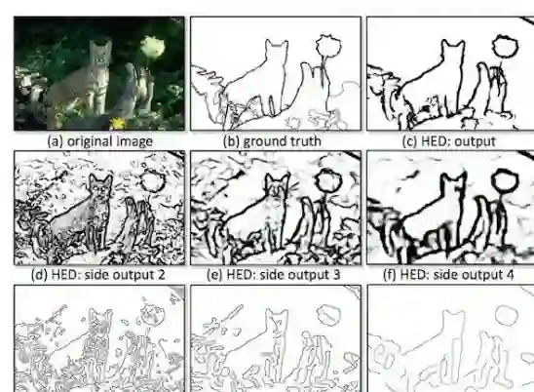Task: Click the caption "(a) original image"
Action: coord(99,141)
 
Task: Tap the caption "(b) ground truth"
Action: coord(272,141)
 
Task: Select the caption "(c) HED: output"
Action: coord(448,141)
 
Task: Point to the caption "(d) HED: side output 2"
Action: coord(97,274)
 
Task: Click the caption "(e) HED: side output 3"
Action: coord(274,274)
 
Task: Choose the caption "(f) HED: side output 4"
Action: coord(448,274)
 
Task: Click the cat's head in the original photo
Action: coord(100,52)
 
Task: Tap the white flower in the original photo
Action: coord(153,48)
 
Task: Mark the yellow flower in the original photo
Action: coord(118,123)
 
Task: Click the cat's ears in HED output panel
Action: coord(453,43)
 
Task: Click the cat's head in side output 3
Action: coord(278,186)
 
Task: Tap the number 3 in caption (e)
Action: coord(336,274)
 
